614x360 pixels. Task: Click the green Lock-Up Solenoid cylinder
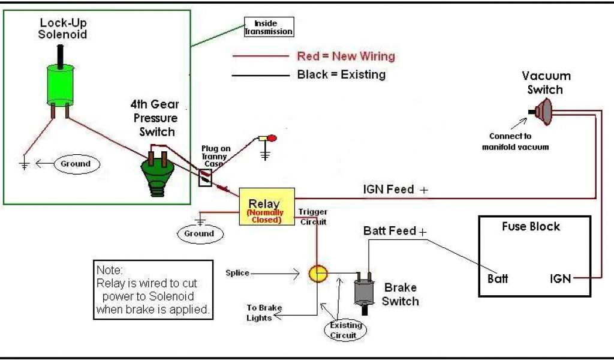coord(61,85)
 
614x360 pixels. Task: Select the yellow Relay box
coord(267,206)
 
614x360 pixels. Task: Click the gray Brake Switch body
coord(364,292)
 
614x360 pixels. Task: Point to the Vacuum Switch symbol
coord(542,112)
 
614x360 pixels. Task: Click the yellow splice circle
coord(318,274)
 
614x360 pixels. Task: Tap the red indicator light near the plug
coord(272,138)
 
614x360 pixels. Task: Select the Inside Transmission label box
coord(269,27)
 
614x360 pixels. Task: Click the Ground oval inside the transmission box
coord(76,164)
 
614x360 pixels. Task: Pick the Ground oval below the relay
coord(200,234)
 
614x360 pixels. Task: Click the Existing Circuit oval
coord(345,330)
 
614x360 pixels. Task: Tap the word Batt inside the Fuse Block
coord(498,278)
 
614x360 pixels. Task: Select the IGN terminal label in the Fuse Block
coord(561,278)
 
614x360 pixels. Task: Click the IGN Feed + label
coord(396,190)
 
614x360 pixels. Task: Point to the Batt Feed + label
coord(395,231)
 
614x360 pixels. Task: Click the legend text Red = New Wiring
coord(346,56)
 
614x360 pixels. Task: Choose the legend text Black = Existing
coord(341,74)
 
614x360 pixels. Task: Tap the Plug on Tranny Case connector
coord(205,178)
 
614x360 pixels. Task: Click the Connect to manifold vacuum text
coord(515,142)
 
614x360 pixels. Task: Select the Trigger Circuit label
coord(312,217)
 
